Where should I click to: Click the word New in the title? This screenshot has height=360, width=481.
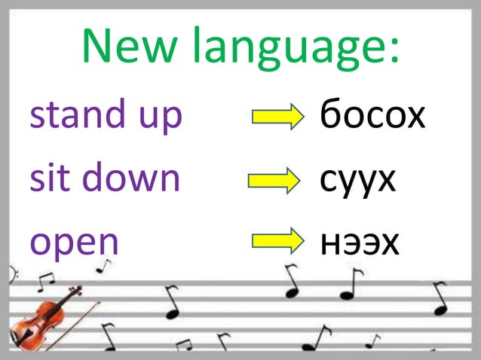128,47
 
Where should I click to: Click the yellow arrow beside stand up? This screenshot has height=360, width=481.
277,117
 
